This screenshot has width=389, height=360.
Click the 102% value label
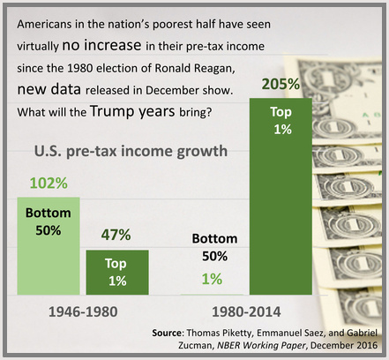pyautogui.click(x=49, y=183)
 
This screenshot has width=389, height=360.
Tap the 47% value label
pyautogui.click(x=116, y=235)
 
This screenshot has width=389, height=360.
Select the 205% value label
pyautogui.click(x=281, y=84)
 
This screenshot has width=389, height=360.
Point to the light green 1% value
pyautogui.click(x=212, y=279)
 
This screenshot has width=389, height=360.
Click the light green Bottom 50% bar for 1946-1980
pyautogui.click(x=49, y=246)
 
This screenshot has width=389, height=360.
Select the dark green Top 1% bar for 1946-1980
pyautogui.click(x=117, y=273)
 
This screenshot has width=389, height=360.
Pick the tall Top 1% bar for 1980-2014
pyautogui.click(x=281, y=197)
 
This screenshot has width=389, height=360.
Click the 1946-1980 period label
pyautogui.click(x=83, y=311)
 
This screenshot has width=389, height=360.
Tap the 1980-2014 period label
pyautogui.click(x=246, y=311)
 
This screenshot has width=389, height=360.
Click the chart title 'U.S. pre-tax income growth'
pyautogui.click(x=131, y=151)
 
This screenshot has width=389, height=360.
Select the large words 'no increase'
pyautogui.click(x=101, y=45)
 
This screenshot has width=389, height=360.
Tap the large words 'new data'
pyautogui.click(x=49, y=89)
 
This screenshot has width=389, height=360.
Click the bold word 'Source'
pyautogui.click(x=167, y=333)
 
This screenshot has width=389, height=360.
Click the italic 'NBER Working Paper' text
pyautogui.click(x=261, y=345)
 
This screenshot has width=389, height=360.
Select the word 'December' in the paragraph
pyautogui.click(x=172, y=90)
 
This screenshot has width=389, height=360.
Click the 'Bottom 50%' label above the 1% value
pyautogui.click(x=214, y=247)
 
